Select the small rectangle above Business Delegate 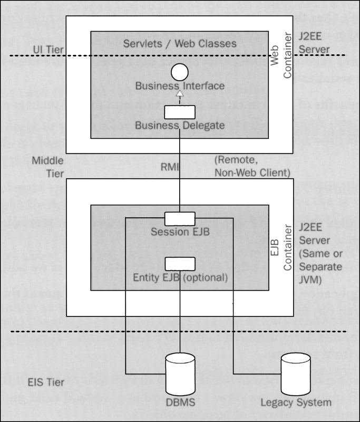[179, 112]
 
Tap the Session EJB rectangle [179, 218]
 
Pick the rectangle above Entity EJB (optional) [179, 263]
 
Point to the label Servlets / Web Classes [180, 43]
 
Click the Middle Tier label [48, 167]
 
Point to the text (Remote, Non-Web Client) [252, 166]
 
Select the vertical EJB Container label [281, 248]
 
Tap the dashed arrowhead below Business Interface [179, 94]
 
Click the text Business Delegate [179, 126]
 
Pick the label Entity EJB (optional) [180, 277]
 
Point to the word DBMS [180, 404]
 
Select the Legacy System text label [296, 402]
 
